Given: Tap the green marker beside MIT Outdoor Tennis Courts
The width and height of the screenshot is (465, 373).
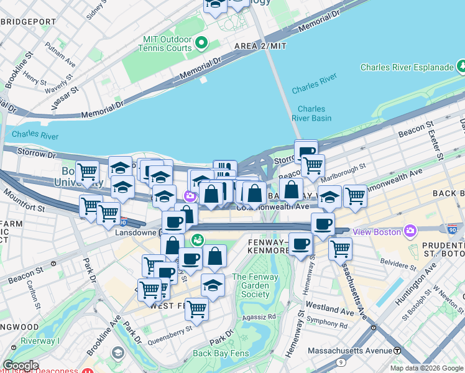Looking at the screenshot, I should click(x=201, y=43).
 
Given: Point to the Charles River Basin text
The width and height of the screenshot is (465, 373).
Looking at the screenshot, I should click(x=311, y=113).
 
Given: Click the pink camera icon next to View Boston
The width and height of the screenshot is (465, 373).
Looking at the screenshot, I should click(x=410, y=232).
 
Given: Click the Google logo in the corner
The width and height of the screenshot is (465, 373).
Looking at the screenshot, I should click(x=21, y=366).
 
